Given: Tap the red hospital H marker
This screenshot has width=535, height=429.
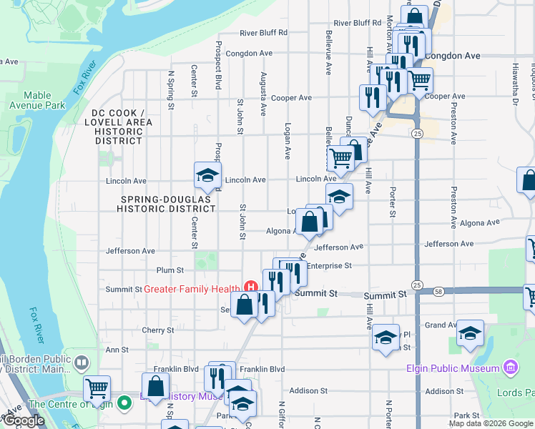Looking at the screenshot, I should click(x=250, y=287).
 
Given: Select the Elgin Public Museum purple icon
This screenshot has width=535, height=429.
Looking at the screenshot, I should click(x=510, y=368).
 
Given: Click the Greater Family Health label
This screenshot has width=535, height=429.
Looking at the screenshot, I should click(x=192, y=289).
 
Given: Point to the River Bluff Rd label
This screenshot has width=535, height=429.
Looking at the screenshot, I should click(x=263, y=32).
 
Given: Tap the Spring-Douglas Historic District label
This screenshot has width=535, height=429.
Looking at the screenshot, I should click(x=167, y=204).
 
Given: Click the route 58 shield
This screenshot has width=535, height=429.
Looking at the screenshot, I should click(x=438, y=291).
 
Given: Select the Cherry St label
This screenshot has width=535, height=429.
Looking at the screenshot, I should click(x=158, y=330).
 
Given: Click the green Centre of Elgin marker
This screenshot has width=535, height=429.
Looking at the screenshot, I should click(x=124, y=403).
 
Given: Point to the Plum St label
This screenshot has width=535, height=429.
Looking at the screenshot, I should click(x=170, y=270).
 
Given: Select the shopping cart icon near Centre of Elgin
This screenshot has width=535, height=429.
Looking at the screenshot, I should click(x=97, y=388).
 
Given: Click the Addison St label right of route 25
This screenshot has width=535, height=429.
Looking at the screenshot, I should click(x=444, y=391).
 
